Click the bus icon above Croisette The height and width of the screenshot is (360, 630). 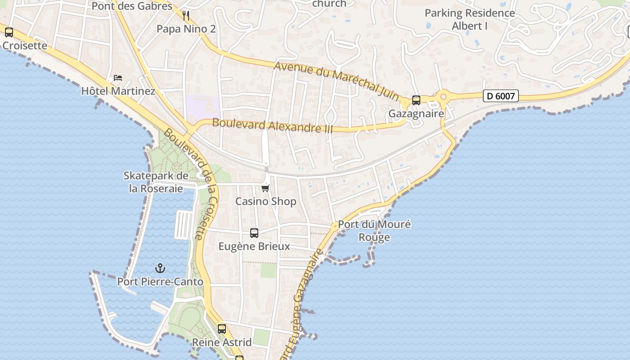coord(9,32)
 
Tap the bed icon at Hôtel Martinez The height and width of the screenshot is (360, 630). coord(118,78)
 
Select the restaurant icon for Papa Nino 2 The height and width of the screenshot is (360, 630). coord(186,16)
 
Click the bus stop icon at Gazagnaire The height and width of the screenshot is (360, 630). coord(416,100)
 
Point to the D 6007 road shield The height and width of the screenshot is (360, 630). coord(501,96)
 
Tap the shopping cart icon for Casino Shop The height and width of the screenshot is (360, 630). coord(265,188)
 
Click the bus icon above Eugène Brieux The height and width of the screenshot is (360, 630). coord(254,233)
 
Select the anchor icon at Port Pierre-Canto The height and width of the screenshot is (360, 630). coord(160,269)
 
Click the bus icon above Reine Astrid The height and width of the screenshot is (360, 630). coord(222,329)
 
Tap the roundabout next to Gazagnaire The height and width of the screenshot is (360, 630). coord(444,96)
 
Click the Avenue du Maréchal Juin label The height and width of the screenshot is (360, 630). coord(337,80)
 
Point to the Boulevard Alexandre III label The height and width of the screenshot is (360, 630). coord(272,126)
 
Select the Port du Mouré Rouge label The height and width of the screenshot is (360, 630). coord(374,230)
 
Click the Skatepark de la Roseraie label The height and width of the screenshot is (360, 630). coord(156,182)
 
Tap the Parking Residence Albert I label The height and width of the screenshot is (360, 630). coord(470,19)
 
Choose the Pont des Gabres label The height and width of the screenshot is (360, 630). coord(132,6)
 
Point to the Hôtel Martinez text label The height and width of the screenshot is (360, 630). coord(118,91)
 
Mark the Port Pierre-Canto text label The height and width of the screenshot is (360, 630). coord(160,282)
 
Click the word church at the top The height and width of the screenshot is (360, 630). coord(329,4)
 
